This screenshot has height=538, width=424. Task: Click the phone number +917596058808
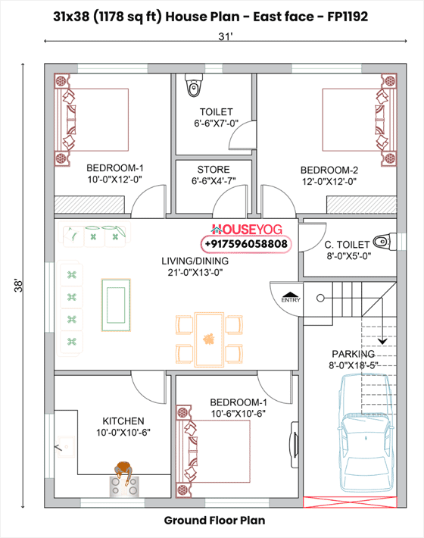(246, 244)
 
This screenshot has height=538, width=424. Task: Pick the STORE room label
(213, 170)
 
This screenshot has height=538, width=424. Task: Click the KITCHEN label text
(123, 421)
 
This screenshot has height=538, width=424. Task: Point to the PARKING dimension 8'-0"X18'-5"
(353, 365)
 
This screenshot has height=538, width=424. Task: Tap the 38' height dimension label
(23, 286)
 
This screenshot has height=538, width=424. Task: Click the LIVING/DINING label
(195, 261)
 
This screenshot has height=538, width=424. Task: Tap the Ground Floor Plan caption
(214, 521)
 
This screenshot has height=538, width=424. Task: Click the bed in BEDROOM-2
(356, 121)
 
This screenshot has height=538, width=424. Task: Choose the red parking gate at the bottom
(349, 501)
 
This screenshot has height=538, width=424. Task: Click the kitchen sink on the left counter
(63, 449)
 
